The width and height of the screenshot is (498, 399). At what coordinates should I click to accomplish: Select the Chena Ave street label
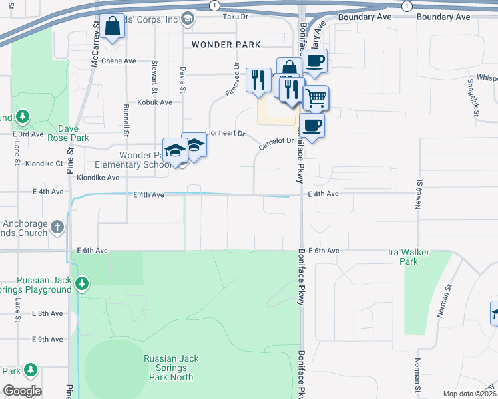pyautogui.click(x=120, y=61)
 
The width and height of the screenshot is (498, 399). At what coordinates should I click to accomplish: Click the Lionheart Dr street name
pyautogui.click(x=226, y=133)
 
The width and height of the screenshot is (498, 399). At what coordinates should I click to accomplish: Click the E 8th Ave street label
pyautogui.click(x=48, y=313)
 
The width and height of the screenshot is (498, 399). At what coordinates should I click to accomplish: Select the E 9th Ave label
pyautogui.click(x=48, y=339)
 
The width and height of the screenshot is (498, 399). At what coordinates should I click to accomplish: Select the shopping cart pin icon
pyautogui.click(x=316, y=98)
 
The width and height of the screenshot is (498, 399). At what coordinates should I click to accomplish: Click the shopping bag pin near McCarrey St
pyautogui.click(x=112, y=27)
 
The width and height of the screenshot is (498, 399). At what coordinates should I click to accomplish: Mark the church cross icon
pyautogui.click(x=58, y=227)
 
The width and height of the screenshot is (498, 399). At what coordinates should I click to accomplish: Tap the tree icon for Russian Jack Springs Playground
pyautogui.click(x=82, y=284)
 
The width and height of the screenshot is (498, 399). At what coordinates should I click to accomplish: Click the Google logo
pyautogui.click(x=22, y=391)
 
